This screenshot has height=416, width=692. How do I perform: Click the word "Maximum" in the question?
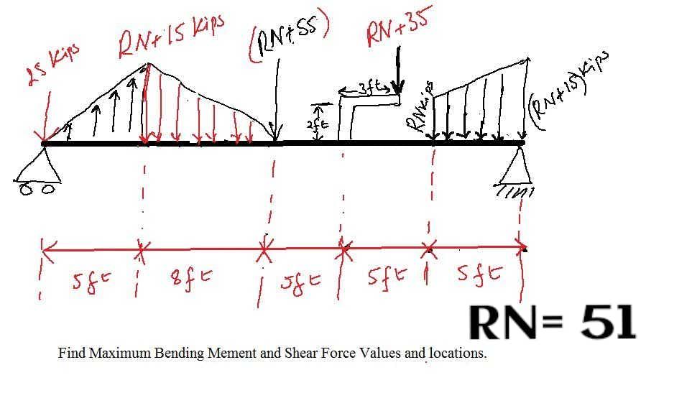tap(114, 353)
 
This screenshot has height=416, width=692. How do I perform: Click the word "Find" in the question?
tap(70, 353)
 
